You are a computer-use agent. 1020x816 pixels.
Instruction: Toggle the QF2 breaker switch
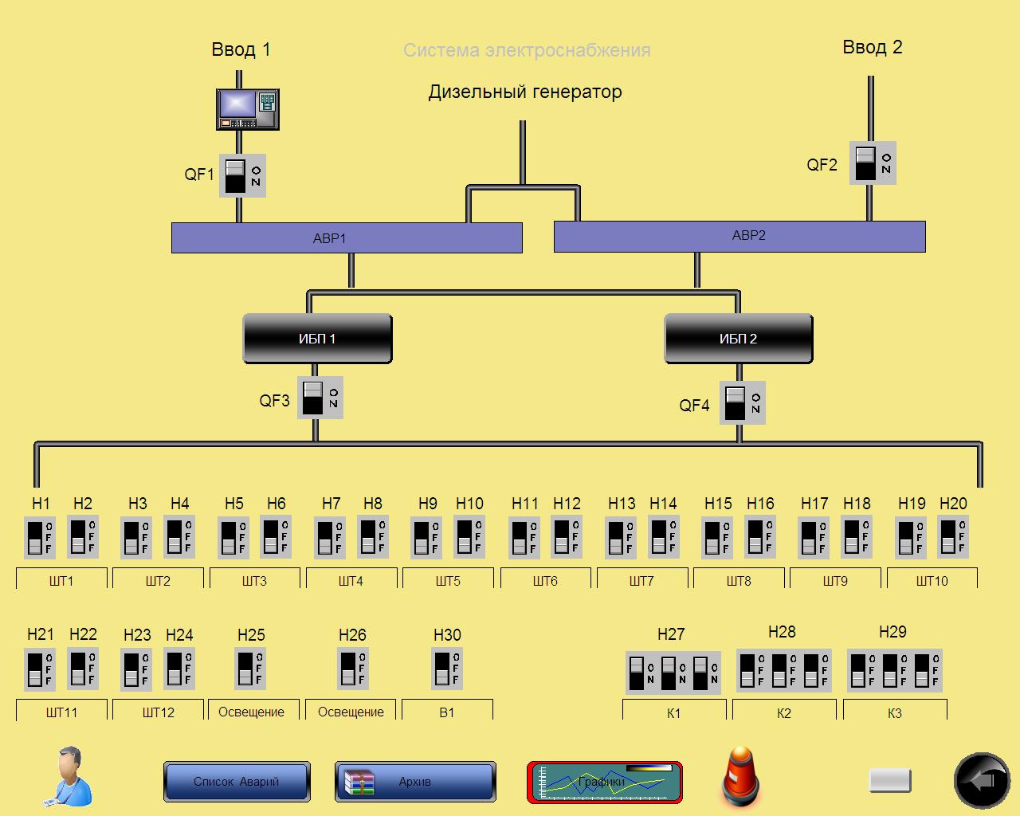pyautogui.click(x=872, y=163)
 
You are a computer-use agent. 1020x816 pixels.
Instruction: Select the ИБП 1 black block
pyautogui.click(x=317, y=339)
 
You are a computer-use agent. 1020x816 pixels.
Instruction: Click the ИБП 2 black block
pyautogui.click(x=739, y=339)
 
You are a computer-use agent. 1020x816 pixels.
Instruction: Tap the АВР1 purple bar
pyautogui.click(x=347, y=238)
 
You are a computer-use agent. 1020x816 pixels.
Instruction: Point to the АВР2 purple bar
pyautogui.click(x=739, y=236)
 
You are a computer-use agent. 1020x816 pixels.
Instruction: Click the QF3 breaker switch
pyautogui.click(x=320, y=398)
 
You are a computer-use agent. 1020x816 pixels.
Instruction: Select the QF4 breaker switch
pyautogui.click(x=742, y=402)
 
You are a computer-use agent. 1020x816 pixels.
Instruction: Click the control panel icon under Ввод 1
pyautogui.click(x=248, y=109)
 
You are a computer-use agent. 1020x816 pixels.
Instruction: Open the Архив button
pyautogui.click(x=415, y=782)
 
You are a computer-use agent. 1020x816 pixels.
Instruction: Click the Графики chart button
pyautogui.click(x=605, y=783)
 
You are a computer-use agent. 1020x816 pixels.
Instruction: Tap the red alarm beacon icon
pyautogui.click(x=740, y=777)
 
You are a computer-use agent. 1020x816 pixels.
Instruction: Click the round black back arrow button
pyautogui.click(x=982, y=781)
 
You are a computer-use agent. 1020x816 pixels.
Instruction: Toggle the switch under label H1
pyautogui.click(x=40, y=537)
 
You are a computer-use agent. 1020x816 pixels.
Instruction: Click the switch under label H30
pyautogui.click(x=447, y=668)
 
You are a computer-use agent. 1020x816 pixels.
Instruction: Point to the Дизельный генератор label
pyautogui.click(x=525, y=92)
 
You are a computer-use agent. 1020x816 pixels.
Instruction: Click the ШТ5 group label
pyautogui.click(x=448, y=581)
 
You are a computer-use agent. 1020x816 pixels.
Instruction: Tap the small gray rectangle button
pyautogui.click(x=890, y=780)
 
